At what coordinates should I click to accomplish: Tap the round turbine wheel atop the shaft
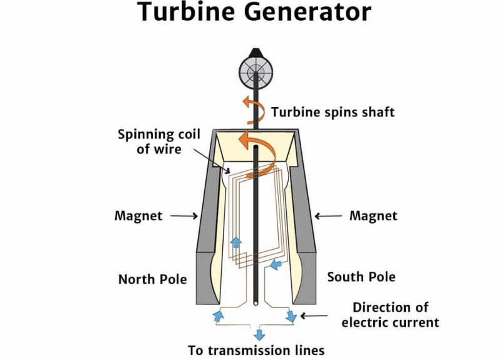(x=256, y=74)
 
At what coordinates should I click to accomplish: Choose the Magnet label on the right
(x=373, y=216)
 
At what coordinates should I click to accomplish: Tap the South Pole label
(x=361, y=277)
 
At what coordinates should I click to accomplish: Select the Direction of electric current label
(x=390, y=315)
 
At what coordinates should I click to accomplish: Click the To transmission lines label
(x=257, y=350)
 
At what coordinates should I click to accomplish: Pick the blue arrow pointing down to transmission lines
(x=259, y=334)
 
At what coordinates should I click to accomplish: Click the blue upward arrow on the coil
(x=236, y=242)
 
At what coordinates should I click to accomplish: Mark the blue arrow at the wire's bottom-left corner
(x=219, y=315)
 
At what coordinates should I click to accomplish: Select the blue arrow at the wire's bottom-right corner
(x=291, y=316)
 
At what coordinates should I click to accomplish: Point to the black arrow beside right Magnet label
(x=327, y=216)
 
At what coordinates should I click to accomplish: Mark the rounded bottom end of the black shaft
(x=256, y=303)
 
